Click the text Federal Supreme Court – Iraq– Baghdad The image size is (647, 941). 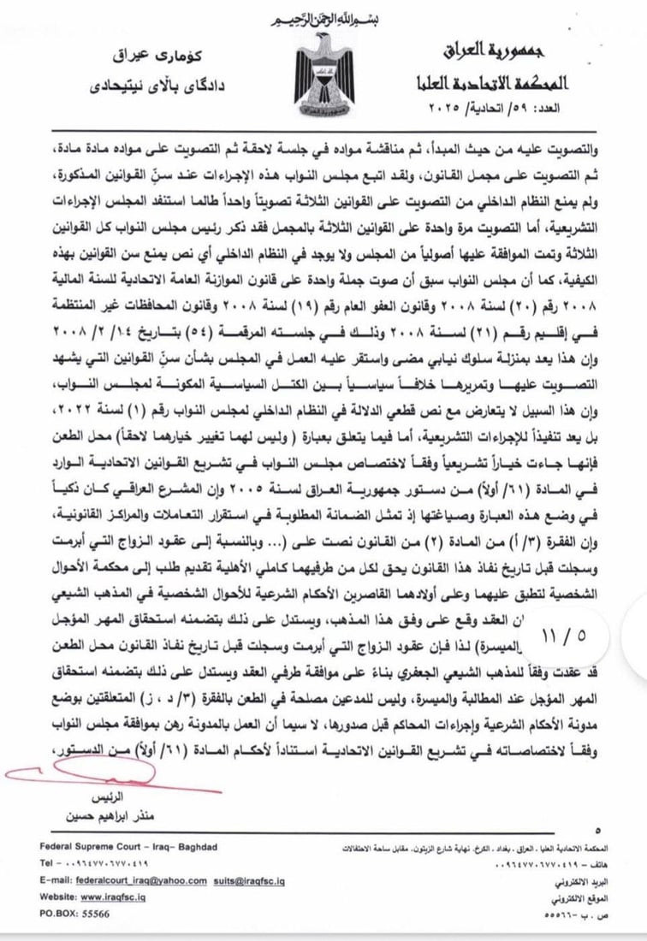pos(128,847)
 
